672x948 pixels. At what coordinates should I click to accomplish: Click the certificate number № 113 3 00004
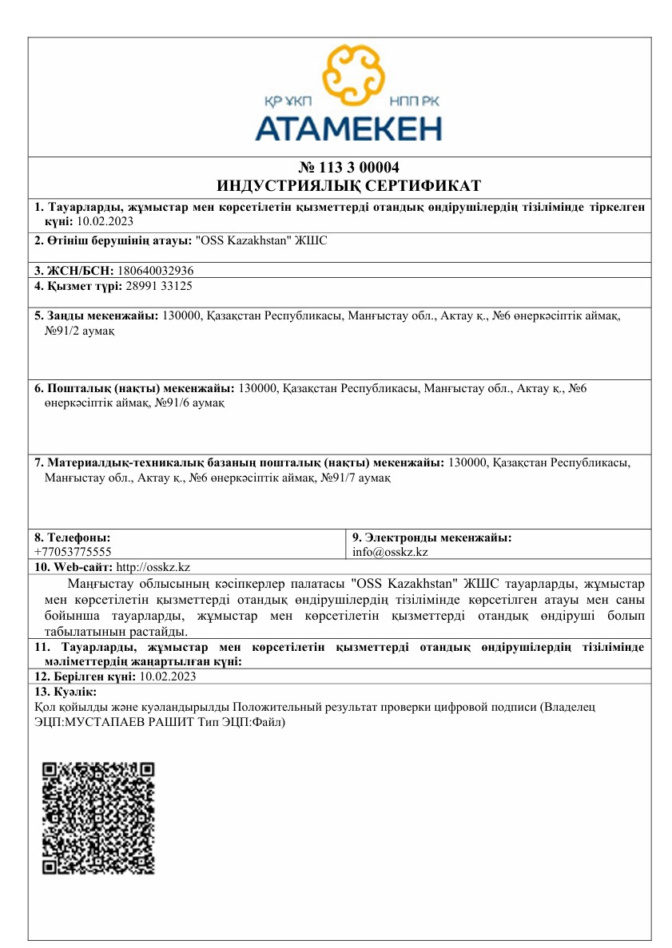pyautogui.click(x=348, y=168)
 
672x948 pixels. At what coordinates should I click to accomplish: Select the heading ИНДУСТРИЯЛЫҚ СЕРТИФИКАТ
pyautogui.click(x=348, y=186)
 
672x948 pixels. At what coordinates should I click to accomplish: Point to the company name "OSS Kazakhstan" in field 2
pyautogui.click(x=246, y=240)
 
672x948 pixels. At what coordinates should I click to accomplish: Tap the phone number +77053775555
pyautogui.click(x=73, y=551)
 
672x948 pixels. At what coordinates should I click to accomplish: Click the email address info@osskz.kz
pyautogui.click(x=390, y=551)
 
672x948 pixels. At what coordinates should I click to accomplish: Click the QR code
pyautogui.click(x=98, y=818)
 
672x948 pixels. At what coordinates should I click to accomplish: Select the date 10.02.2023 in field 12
pyautogui.click(x=168, y=676)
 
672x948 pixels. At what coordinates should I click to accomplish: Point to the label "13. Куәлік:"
pyautogui.click(x=66, y=691)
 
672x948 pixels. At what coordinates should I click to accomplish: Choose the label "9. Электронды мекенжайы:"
pyautogui.click(x=431, y=537)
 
